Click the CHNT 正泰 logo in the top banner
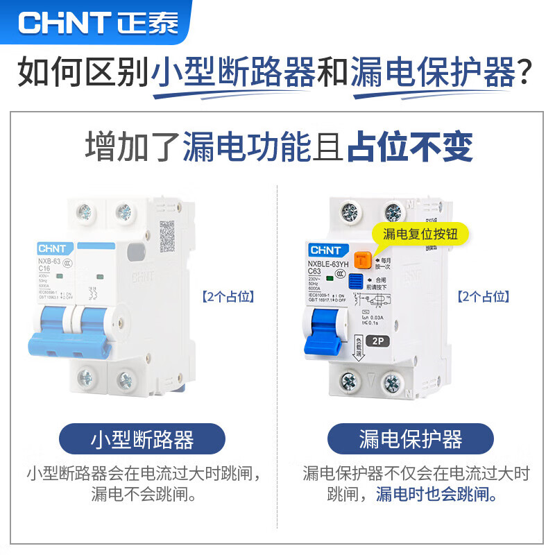(98, 22)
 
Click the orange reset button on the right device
(361, 261)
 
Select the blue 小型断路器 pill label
(142, 438)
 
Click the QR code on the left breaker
(169, 237)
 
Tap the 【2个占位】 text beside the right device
(484, 297)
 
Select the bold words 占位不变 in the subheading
(410, 147)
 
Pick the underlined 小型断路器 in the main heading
(233, 73)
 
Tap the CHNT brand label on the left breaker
(51, 248)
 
